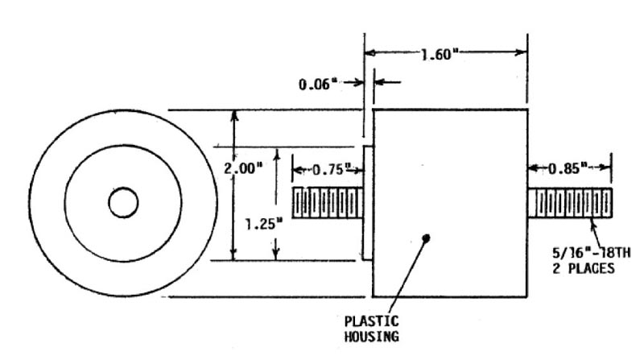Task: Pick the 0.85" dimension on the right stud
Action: (x=568, y=169)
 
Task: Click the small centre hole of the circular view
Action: (x=123, y=204)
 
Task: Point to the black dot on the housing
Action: (x=427, y=237)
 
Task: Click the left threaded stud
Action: (x=326, y=203)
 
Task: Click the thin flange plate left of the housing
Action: (x=366, y=203)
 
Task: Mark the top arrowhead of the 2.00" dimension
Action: (x=234, y=115)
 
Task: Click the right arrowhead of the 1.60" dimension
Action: (x=523, y=53)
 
